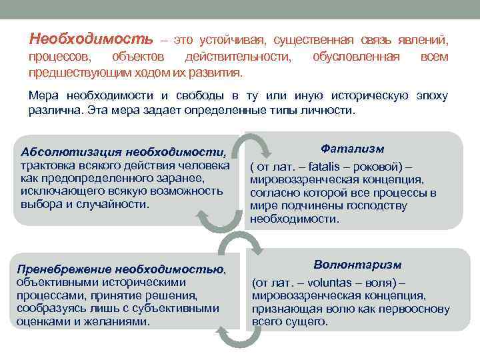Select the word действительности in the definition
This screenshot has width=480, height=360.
[x=239, y=57]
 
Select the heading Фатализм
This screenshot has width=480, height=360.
[x=352, y=149]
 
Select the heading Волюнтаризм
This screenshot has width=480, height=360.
[x=353, y=265]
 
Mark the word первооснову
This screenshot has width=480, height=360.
[x=415, y=309]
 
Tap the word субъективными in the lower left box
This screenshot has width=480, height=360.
[x=177, y=308]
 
